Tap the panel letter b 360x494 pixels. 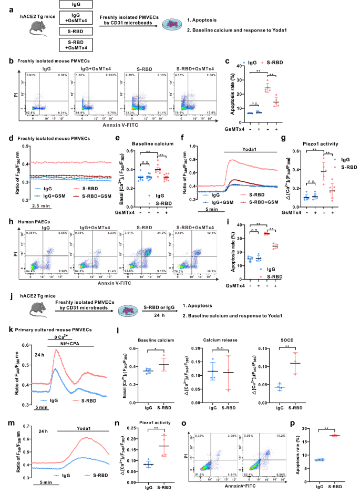tap(5, 62)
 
